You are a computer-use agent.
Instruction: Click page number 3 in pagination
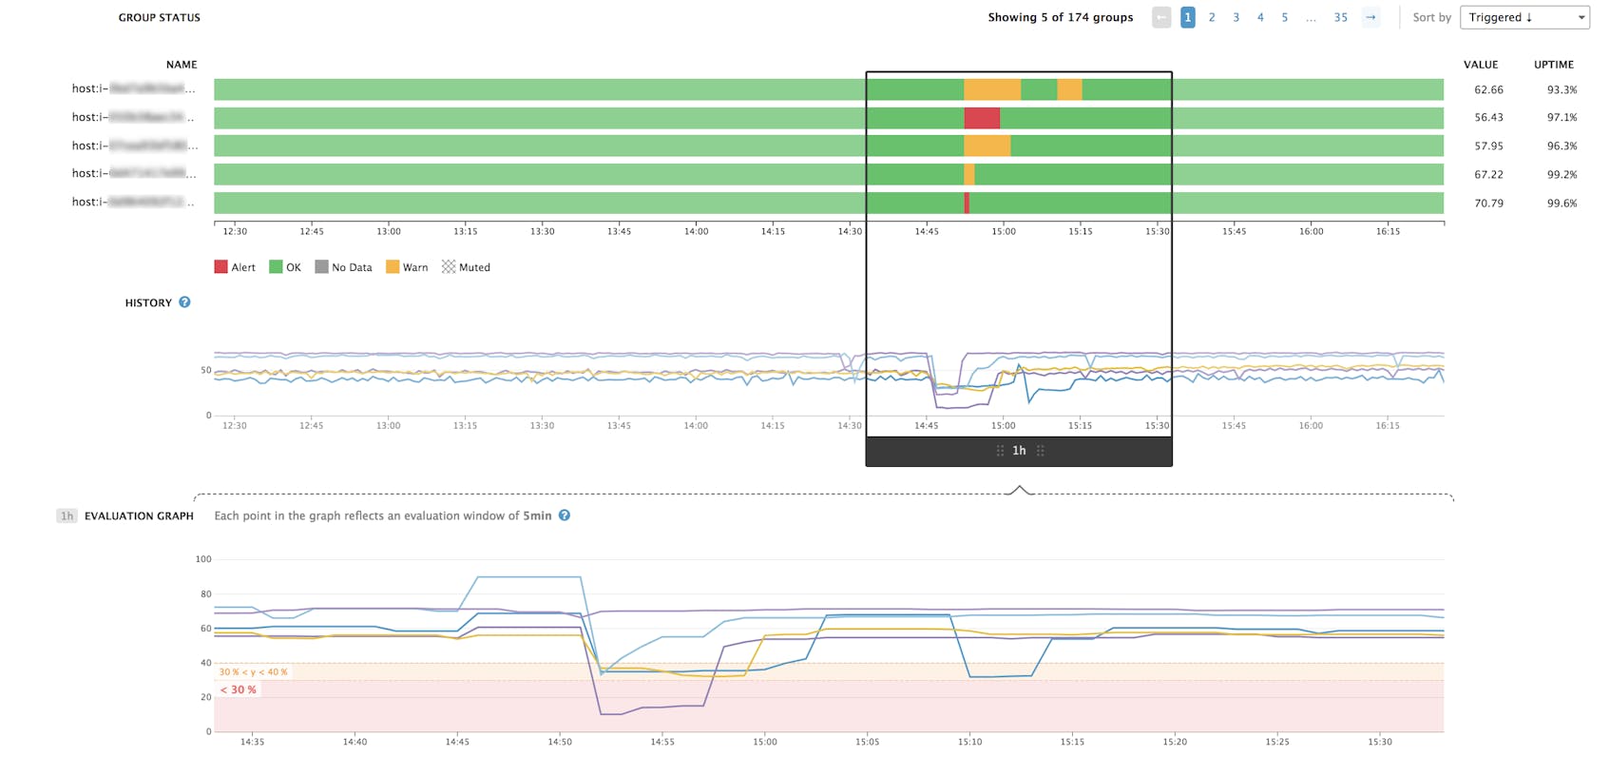[1236, 17]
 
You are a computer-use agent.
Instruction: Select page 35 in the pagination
[1340, 17]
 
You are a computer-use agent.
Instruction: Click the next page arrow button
[1370, 17]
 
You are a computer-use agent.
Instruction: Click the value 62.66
[1488, 89]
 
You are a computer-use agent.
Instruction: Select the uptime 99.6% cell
[1562, 203]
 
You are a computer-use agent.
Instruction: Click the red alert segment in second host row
[982, 118]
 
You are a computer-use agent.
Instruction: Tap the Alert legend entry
[235, 267]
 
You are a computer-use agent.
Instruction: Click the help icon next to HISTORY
[184, 302]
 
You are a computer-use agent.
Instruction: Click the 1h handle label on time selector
[1019, 451]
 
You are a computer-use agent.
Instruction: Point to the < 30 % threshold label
[239, 689]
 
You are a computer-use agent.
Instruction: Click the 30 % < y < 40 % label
[253, 672]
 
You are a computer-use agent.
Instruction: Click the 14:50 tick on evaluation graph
[560, 742]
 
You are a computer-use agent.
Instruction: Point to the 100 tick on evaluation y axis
[203, 559]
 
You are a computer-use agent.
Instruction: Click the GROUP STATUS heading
[159, 17]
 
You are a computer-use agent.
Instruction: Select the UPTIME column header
[1553, 65]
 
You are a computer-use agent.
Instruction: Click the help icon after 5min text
[565, 515]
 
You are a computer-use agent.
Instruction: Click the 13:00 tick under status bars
[388, 231]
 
